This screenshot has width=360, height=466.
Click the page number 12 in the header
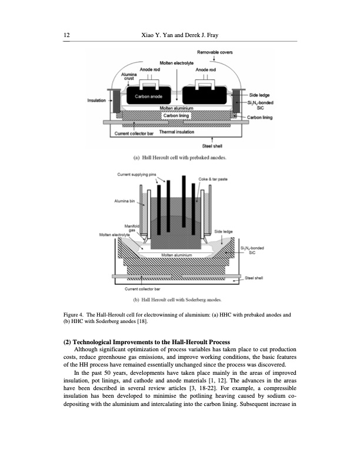click(66, 36)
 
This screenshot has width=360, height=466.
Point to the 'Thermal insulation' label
click(177, 132)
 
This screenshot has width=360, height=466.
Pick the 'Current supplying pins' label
click(137, 174)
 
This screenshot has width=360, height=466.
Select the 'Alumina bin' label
click(125, 200)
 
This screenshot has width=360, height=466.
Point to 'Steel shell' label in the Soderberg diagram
click(254, 277)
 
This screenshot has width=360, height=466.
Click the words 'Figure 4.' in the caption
click(74, 315)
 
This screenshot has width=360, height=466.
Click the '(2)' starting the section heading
click(68, 342)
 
